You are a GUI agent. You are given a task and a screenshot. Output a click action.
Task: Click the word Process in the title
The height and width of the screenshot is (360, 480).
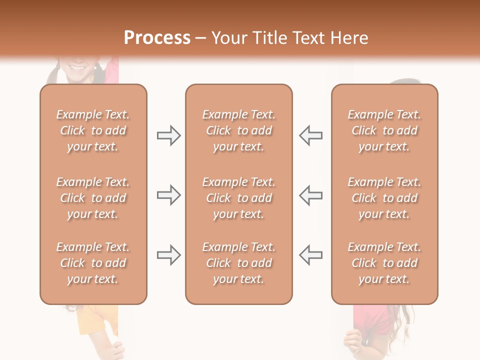(x=157, y=38)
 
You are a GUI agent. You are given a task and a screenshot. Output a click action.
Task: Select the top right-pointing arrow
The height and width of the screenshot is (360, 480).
(x=169, y=135)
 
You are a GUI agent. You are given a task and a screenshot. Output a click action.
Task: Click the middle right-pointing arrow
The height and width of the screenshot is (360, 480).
(x=169, y=195)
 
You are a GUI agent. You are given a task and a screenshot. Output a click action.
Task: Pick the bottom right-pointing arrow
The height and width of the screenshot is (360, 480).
(x=169, y=255)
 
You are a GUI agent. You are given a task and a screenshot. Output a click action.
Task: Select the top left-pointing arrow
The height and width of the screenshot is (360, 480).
(x=310, y=135)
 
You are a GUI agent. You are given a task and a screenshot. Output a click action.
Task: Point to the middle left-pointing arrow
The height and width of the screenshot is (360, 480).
(x=310, y=195)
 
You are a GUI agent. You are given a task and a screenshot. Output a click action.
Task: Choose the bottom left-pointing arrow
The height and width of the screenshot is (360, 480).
(x=310, y=255)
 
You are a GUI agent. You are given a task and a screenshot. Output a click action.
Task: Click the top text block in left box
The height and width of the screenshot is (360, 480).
(x=93, y=130)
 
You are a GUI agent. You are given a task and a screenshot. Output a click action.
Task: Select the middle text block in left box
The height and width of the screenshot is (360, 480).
(x=93, y=198)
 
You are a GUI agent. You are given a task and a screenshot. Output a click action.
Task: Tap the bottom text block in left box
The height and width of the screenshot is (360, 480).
(x=93, y=263)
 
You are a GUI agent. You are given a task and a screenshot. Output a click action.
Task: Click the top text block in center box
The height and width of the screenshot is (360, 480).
(x=238, y=130)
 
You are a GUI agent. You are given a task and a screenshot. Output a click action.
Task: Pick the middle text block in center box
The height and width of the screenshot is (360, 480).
(x=238, y=198)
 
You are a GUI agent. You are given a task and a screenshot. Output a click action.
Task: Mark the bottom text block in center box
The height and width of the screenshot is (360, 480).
(x=238, y=263)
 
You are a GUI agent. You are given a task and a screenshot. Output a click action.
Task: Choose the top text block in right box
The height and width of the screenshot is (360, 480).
(x=384, y=130)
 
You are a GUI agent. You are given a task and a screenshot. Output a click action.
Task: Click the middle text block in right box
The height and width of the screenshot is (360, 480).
(x=384, y=198)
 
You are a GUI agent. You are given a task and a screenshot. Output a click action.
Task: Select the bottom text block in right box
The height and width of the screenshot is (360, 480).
(x=384, y=263)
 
